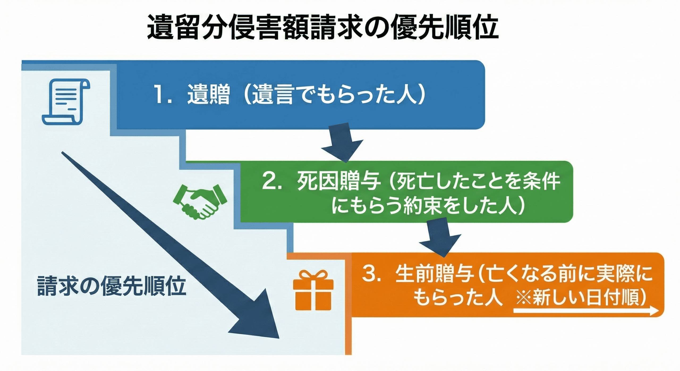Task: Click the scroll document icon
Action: tap(66, 102)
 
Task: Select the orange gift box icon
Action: tap(313, 290)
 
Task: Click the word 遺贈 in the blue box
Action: tap(209, 95)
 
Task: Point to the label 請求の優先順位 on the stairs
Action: tap(112, 286)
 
